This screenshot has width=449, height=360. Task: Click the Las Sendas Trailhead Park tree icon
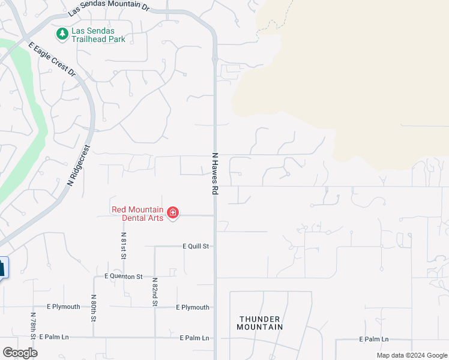62,34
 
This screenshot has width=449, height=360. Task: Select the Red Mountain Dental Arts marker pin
173,213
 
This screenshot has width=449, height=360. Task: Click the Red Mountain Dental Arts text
137,214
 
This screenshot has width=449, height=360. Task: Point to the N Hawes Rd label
214,173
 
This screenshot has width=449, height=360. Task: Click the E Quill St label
196,246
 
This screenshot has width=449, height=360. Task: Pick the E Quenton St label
123,277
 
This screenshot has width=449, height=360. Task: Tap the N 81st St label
124,245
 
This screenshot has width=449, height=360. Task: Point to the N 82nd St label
154,292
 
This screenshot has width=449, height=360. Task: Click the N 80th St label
94,307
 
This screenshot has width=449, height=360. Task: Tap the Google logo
20,353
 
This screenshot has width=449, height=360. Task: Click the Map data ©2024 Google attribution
411,355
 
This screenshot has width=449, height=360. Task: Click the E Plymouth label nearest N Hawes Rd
193,307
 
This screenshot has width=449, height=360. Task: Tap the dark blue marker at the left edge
3,268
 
